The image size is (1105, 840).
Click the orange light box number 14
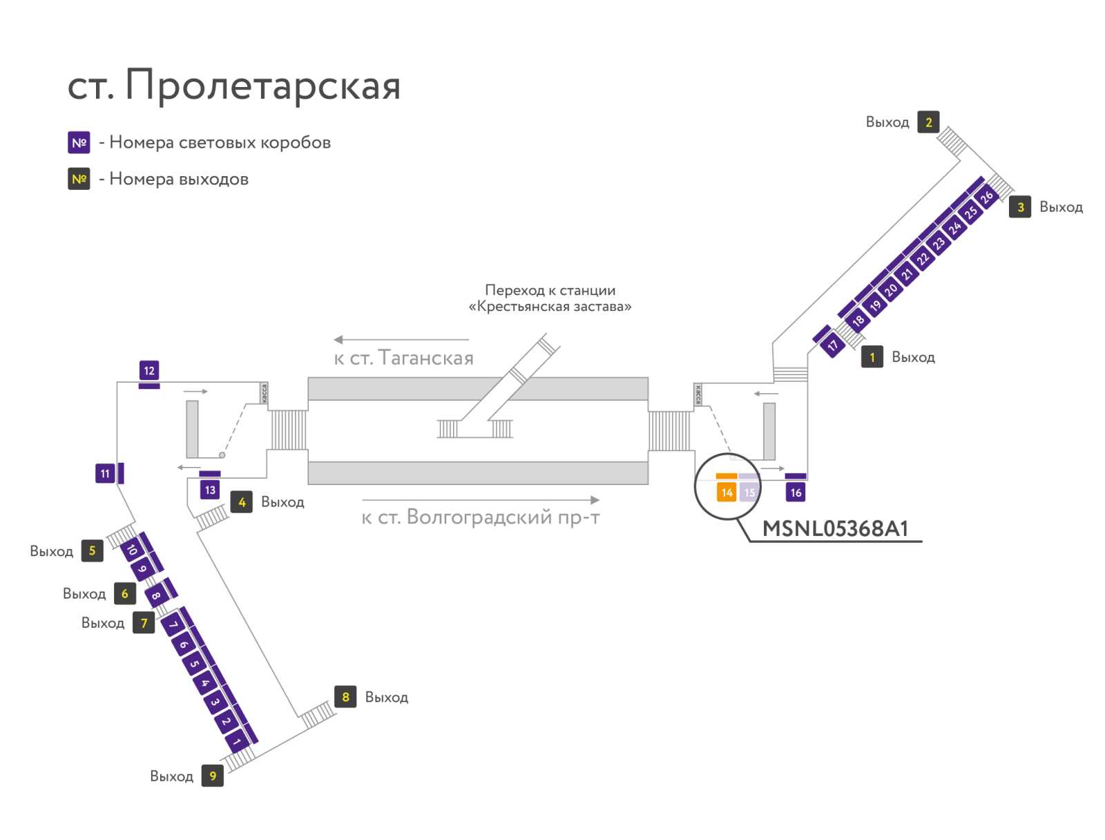click(x=726, y=492)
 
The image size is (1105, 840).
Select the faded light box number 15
click(x=749, y=492)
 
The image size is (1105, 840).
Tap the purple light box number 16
click(x=796, y=492)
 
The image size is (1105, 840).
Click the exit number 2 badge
click(x=928, y=122)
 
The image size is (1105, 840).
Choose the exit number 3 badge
click(x=1020, y=207)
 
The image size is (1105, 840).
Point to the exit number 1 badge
click(x=872, y=357)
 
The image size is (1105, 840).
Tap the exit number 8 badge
click(x=345, y=696)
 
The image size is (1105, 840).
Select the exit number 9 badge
click(x=213, y=776)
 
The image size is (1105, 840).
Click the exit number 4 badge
click(x=242, y=502)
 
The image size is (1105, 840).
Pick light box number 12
click(x=149, y=370)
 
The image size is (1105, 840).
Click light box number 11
click(x=105, y=473)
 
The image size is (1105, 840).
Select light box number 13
click(x=210, y=490)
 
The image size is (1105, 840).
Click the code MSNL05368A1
click(x=835, y=528)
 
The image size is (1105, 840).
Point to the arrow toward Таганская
click(x=401, y=340)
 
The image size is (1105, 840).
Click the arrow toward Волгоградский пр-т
click(x=481, y=499)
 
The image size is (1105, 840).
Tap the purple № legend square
click(x=79, y=142)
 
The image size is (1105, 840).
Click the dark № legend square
click(x=79, y=179)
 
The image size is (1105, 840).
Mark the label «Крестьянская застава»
click(x=550, y=306)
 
